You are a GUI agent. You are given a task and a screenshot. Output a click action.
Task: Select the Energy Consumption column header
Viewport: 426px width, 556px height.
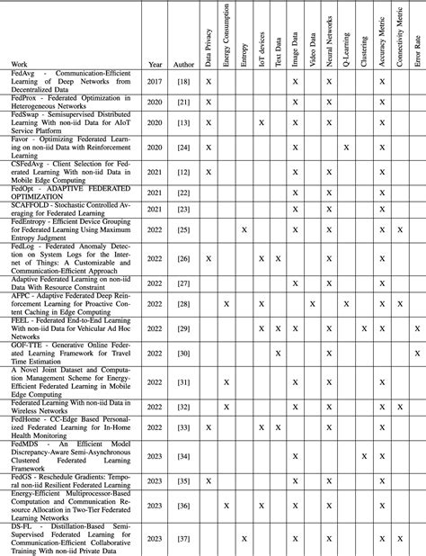point(226,40)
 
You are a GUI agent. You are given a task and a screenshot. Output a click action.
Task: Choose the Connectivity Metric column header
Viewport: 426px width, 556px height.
point(400,40)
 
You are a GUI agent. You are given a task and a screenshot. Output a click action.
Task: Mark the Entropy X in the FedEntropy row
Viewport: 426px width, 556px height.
point(244,230)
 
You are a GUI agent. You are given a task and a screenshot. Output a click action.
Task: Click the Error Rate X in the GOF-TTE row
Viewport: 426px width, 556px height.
point(417,353)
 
